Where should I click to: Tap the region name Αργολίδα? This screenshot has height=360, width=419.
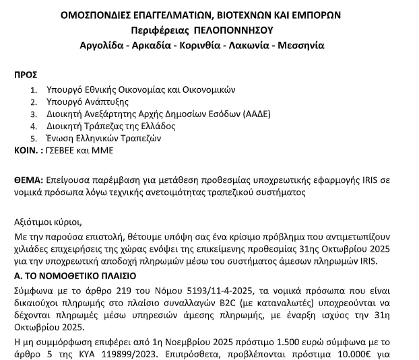pos(103,46)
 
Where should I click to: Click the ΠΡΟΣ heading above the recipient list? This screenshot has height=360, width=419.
pos(26,75)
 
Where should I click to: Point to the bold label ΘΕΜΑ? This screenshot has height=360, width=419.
pos(28,180)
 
